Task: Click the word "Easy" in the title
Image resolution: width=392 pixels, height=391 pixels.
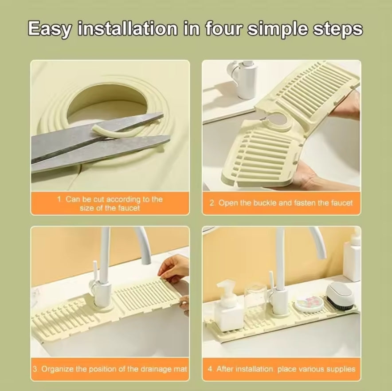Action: click(x=49, y=29)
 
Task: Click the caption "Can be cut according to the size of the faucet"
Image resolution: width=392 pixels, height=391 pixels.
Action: click(x=110, y=204)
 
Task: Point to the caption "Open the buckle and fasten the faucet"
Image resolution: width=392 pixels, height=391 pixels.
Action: click(x=281, y=203)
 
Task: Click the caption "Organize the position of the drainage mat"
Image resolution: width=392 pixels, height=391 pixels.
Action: click(x=110, y=369)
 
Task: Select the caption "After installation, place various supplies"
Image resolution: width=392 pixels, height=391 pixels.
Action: click(x=281, y=369)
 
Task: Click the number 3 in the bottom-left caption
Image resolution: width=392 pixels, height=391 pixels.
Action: click(x=35, y=369)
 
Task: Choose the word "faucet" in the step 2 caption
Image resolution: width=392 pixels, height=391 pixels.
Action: click(x=342, y=203)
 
